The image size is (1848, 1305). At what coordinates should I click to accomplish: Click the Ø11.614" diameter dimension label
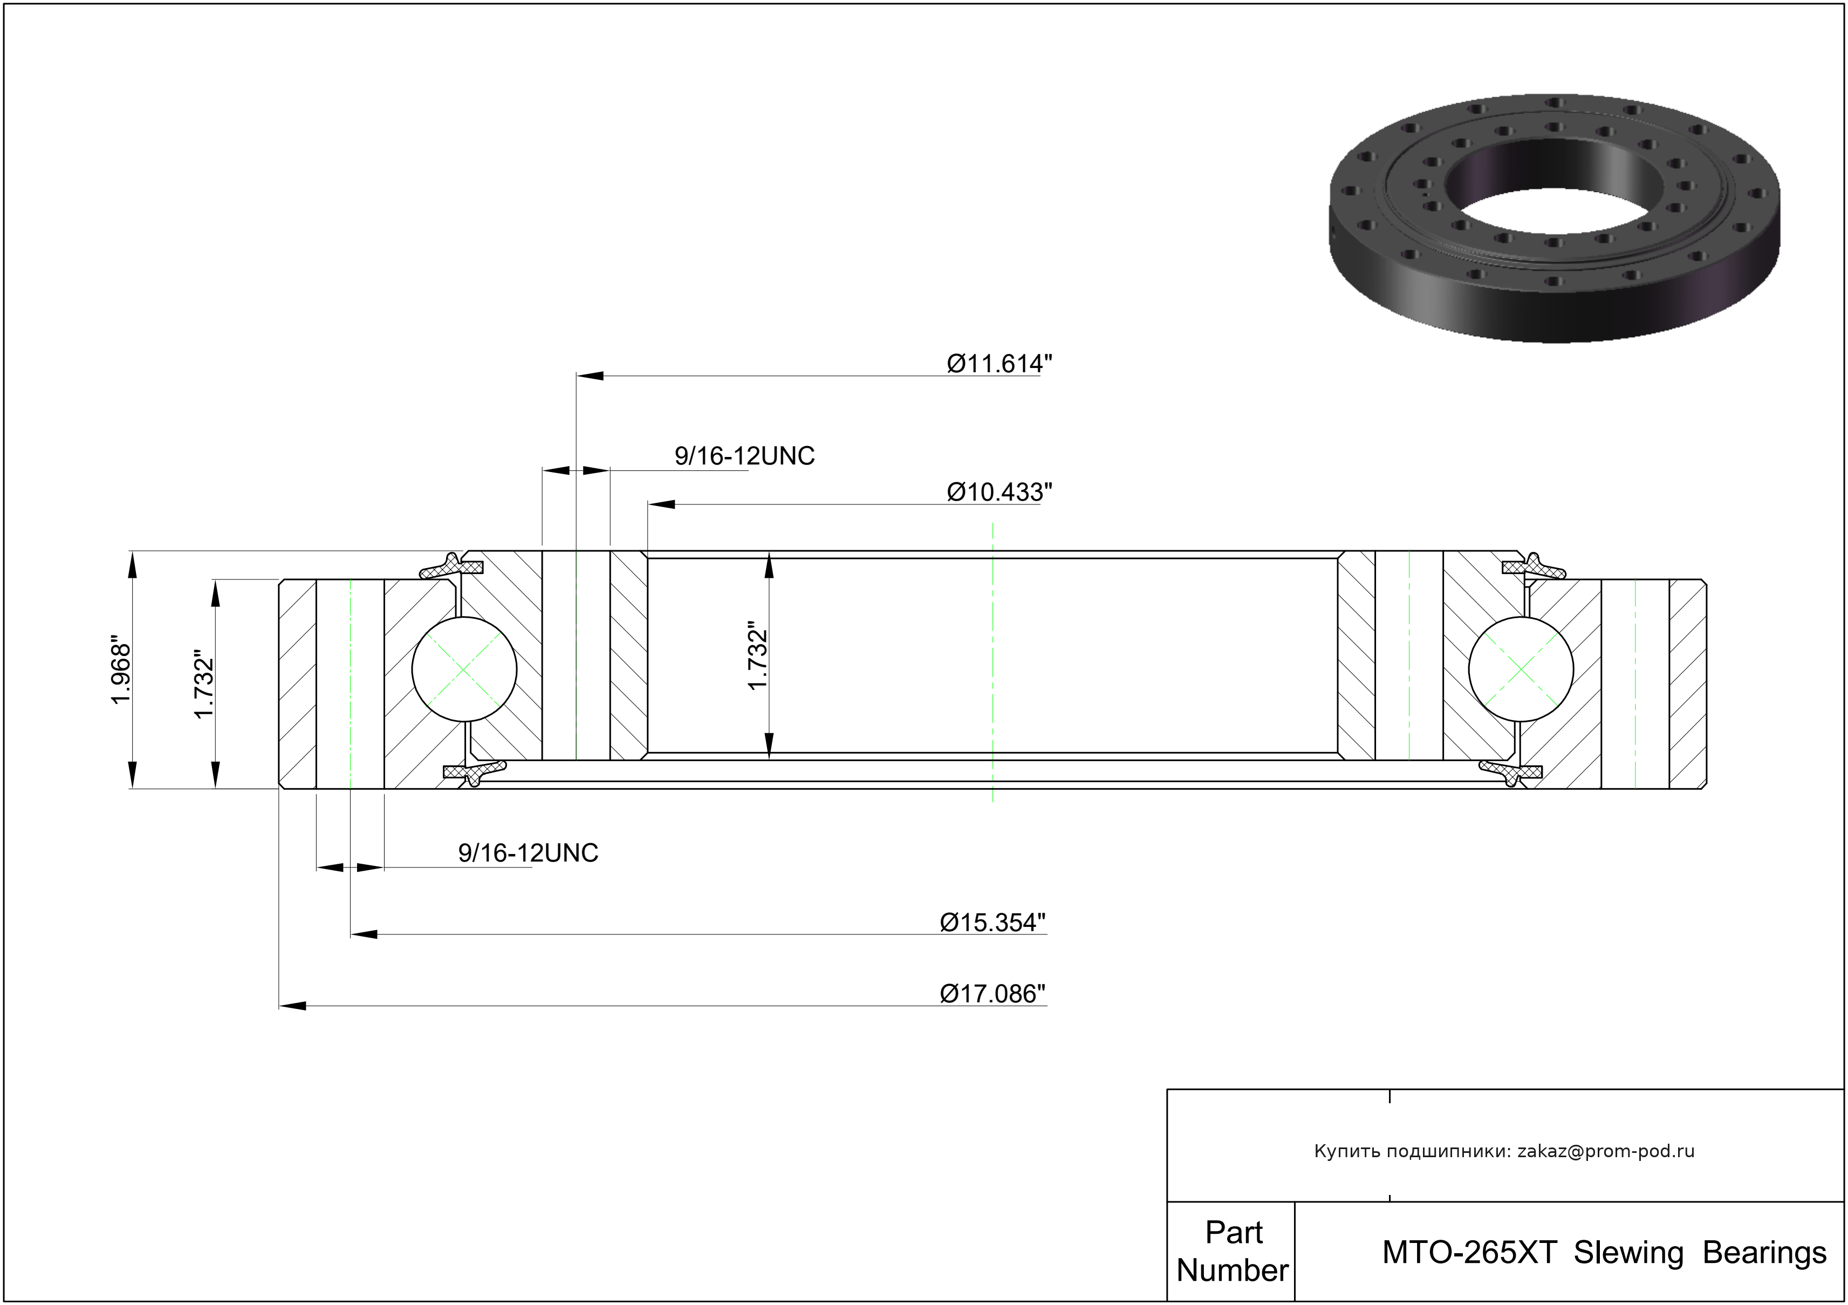point(1000,364)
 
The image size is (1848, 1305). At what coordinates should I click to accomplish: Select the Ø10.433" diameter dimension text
point(1000,492)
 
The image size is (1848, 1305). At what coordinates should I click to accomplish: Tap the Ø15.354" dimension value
point(993,922)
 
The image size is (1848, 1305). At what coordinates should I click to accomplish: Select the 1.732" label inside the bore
point(758,655)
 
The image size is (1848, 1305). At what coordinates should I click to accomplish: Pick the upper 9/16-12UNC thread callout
point(744,456)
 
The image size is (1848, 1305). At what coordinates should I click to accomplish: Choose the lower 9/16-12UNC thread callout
point(528,853)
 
